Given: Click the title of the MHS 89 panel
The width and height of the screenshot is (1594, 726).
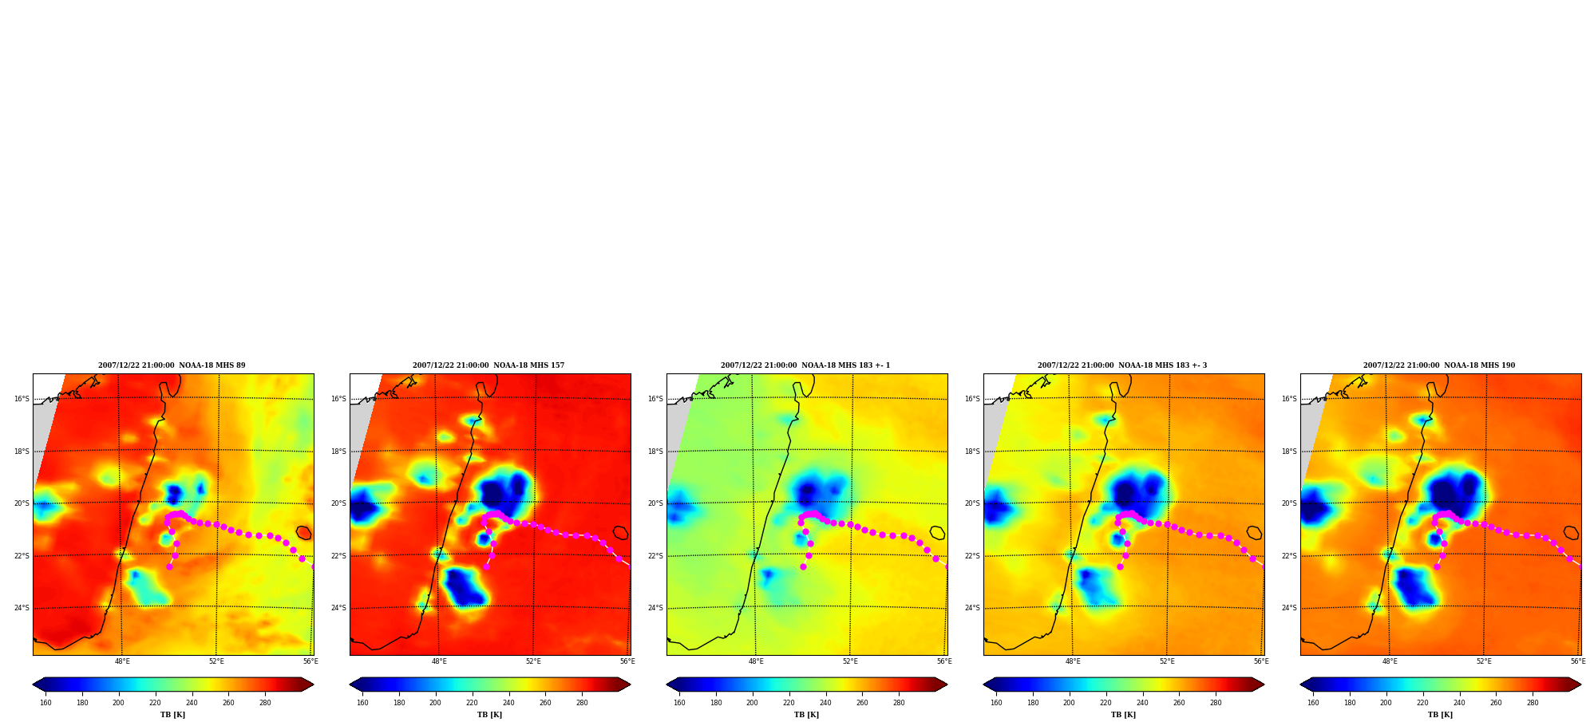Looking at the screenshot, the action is (x=172, y=365).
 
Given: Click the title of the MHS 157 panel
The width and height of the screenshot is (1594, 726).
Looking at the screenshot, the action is (x=488, y=365).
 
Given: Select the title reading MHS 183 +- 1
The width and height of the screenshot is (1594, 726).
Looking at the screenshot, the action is (x=805, y=365).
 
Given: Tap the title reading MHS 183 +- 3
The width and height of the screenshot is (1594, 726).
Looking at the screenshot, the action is (x=1122, y=365).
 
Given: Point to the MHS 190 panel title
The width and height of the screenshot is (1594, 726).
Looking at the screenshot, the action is (x=1439, y=365).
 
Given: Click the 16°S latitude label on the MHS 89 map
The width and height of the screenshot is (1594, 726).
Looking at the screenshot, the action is (x=22, y=399).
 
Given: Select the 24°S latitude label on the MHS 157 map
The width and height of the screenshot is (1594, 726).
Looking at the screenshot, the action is (x=338, y=608).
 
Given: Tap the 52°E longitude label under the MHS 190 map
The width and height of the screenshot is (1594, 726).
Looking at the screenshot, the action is (x=1484, y=661).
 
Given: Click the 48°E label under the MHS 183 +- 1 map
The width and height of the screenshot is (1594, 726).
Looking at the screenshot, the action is (x=756, y=661).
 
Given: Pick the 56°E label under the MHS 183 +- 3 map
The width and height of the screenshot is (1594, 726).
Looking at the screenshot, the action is (x=1261, y=661).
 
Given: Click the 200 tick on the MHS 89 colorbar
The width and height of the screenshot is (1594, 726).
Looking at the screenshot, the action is (x=118, y=703).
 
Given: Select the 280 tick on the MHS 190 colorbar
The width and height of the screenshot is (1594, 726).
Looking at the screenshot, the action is (x=1533, y=703).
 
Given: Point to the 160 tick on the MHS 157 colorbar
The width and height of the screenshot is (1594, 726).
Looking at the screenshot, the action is (x=362, y=703).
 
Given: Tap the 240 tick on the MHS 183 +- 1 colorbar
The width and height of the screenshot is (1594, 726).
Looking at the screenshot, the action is (x=825, y=703).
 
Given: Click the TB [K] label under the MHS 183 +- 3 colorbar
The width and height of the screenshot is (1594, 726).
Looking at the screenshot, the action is (x=1123, y=715).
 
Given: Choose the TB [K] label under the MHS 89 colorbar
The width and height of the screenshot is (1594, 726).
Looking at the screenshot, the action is (x=172, y=715).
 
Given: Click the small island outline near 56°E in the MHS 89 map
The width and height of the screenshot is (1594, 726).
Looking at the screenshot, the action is (x=303, y=533).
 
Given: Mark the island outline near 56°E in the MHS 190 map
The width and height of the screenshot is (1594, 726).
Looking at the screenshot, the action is (x=1571, y=533).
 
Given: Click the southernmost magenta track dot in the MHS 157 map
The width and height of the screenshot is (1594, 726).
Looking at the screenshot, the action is (x=486, y=566).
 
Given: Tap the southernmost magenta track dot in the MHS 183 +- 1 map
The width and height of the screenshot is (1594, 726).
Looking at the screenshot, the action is (x=803, y=566).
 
